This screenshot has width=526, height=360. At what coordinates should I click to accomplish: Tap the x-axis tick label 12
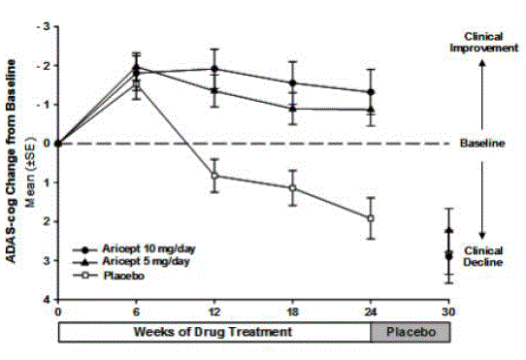pyautogui.click(x=214, y=313)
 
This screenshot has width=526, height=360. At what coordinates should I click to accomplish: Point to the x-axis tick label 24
pyautogui.click(x=371, y=313)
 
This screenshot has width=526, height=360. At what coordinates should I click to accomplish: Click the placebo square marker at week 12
pyautogui.click(x=214, y=176)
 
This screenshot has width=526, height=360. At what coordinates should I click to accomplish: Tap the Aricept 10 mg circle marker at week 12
pyautogui.click(x=214, y=69)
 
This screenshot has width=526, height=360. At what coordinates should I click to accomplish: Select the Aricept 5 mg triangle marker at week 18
pyautogui.click(x=293, y=108)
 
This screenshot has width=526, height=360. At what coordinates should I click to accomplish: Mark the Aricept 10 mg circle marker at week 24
pyautogui.click(x=371, y=92)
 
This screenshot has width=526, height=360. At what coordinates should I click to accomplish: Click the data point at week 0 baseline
pyautogui.click(x=58, y=144)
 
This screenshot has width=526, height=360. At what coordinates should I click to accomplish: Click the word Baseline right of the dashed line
pyautogui.click(x=483, y=144)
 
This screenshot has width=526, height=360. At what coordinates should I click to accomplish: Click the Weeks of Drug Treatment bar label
pyautogui.click(x=214, y=332)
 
